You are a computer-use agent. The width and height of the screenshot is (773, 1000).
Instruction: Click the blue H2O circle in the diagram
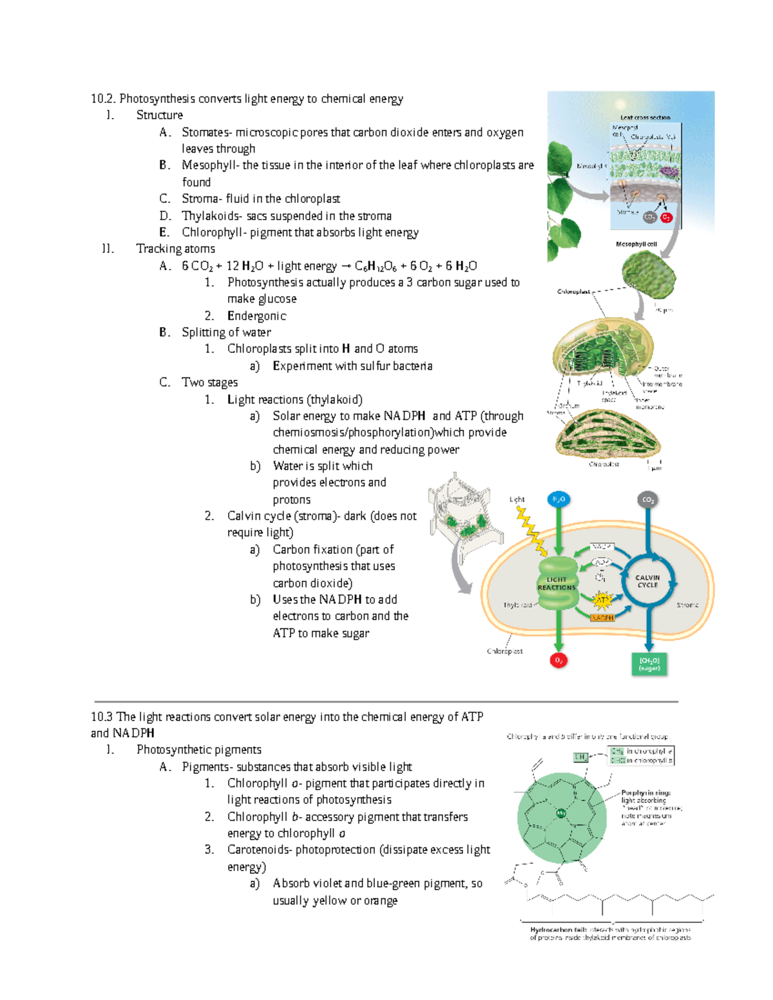(x=558, y=499)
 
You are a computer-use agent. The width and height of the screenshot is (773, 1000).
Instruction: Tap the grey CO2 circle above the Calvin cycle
(x=648, y=500)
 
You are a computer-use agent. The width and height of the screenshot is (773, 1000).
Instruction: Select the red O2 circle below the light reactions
(x=558, y=661)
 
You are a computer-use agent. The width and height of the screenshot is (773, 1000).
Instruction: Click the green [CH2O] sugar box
(x=649, y=664)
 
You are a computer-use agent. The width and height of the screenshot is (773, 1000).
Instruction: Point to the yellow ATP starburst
(x=602, y=601)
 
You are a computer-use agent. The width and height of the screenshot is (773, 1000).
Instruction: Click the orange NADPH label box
(x=602, y=618)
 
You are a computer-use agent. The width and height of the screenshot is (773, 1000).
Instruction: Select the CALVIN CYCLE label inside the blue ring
(x=647, y=581)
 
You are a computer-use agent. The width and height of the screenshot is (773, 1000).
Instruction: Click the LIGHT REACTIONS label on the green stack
(x=557, y=583)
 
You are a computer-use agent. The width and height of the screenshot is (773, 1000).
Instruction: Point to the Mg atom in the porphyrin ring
(x=561, y=813)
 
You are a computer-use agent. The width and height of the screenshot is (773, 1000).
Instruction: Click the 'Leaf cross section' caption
(x=645, y=118)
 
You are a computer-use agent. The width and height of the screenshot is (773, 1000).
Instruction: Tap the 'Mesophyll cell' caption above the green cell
(x=636, y=244)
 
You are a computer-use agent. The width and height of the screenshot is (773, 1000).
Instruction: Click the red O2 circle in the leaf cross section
(x=666, y=218)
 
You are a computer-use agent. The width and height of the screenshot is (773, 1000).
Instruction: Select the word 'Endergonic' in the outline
(x=256, y=316)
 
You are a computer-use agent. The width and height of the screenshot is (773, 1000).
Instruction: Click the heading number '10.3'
(x=102, y=717)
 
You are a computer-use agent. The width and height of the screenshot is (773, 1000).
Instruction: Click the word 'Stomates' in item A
(x=206, y=132)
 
